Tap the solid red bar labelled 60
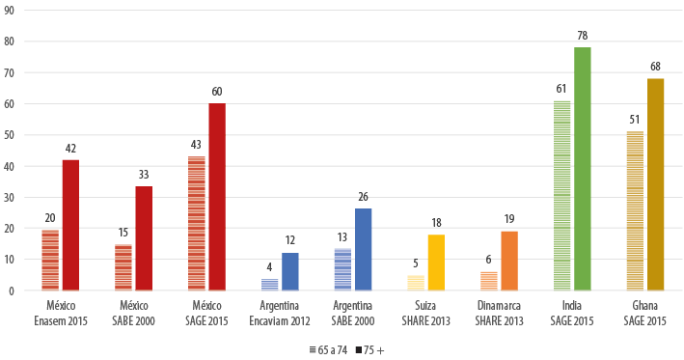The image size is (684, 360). coord(217,197)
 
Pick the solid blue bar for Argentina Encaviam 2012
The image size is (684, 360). coord(290,271)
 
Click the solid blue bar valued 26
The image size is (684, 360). coord(363,249)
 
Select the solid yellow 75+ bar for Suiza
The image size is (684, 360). coord(436,262)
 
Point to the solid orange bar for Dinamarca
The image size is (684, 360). coord(509,261)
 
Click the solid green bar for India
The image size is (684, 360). coord(582,169)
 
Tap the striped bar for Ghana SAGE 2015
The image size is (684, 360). coord(635,210)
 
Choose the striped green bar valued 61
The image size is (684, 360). coord(561,195)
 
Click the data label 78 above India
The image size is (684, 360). coord(583,36)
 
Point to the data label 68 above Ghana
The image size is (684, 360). coord(656,67)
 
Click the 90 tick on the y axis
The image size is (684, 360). coord(10,11)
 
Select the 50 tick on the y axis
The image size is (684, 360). coord(10,135)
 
